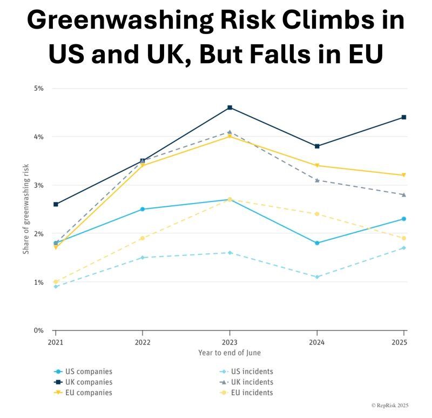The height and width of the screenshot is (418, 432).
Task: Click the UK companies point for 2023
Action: pyautogui.click(x=230, y=107)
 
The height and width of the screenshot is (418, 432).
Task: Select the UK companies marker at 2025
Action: pyautogui.click(x=403, y=117)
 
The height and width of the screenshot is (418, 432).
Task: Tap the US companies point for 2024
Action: pyautogui.click(x=317, y=243)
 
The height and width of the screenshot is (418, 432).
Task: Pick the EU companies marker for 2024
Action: pyautogui.click(x=317, y=165)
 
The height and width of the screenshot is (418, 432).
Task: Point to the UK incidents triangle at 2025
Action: pyautogui.click(x=403, y=194)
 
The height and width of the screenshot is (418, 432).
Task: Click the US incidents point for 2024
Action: pyautogui.click(x=317, y=277)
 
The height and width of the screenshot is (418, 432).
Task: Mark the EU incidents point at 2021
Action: pyautogui.click(x=56, y=281)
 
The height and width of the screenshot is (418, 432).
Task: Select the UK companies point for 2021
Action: pyautogui.click(x=56, y=204)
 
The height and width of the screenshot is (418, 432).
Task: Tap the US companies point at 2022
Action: pyautogui.click(x=143, y=209)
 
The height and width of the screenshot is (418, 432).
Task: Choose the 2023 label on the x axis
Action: pyautogui.click(x=230, y=342)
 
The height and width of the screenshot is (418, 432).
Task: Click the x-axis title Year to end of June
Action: pyautogui.click(x=230, y=353)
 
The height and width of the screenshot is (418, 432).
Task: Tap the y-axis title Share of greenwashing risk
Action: pyautogui.click(x=26, y=210)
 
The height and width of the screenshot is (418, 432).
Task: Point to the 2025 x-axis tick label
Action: pyautogui.click(x=400, y=342)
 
